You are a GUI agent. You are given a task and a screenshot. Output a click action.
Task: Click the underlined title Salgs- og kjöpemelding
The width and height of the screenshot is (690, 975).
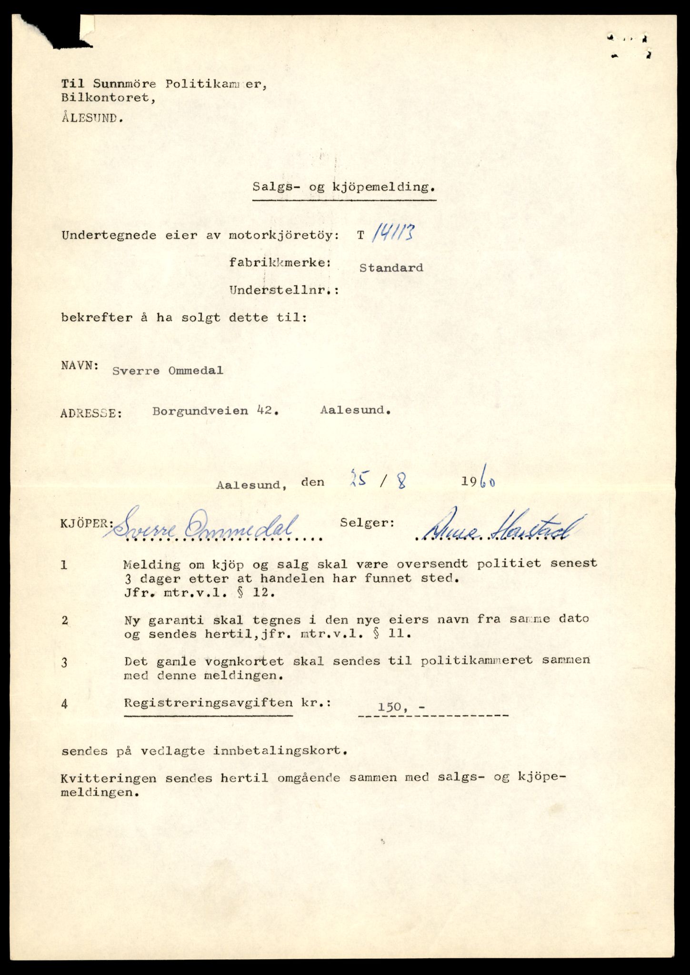[344, 187]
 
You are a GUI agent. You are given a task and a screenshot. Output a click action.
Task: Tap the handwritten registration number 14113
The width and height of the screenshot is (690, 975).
[393, 234]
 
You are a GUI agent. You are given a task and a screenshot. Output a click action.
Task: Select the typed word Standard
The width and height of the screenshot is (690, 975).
[391, 268]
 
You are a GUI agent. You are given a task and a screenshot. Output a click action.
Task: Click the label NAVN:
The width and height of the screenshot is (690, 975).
[80, 366]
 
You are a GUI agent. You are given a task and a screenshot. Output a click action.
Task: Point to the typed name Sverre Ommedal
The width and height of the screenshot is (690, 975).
[168, 371]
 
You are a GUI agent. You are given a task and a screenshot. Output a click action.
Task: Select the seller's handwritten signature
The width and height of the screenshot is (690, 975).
[500, 528]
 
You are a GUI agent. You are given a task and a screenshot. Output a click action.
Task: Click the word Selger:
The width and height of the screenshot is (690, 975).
[367, 523]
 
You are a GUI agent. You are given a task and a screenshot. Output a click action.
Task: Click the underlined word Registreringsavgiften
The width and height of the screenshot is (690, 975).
[209, 703]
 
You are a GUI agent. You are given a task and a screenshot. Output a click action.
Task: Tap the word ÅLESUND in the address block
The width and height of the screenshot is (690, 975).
[92, 119]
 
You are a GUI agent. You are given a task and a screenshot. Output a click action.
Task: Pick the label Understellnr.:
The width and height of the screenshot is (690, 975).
[284, 290]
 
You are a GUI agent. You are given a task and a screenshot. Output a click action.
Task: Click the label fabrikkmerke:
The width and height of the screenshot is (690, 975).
[280, 262]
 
